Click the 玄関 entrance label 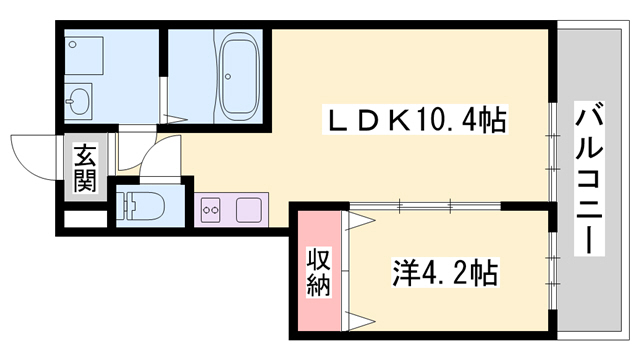pyautogui.click(x=85, y=168)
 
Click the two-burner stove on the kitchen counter pyautogui.click(x=213, y=210)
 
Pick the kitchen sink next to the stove pyautogui.click(x=248, y=210)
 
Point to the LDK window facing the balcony pyautogui.click(x=551, y=150)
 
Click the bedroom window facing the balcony pyautogui.click(x=551, y=270)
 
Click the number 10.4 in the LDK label pyautogui.click(x=446, y=121)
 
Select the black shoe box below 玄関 pyautogui.click(x=84, y=216)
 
